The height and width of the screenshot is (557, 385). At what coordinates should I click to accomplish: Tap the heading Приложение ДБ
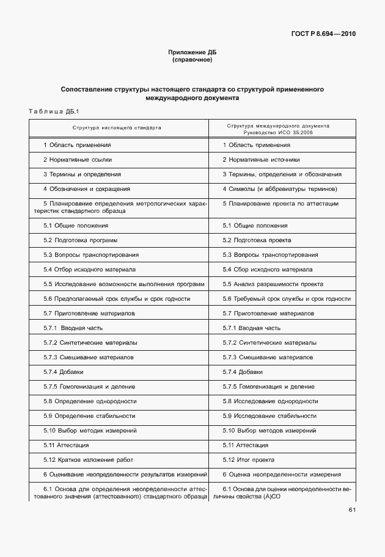point(193,52)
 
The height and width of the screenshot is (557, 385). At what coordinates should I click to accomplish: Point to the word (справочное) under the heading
point(193,60)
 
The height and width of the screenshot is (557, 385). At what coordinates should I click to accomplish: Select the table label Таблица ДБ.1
point(51,111)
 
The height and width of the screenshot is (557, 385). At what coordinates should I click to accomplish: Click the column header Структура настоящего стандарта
point(117,128)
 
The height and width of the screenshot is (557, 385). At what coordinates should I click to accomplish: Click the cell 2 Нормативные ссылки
point(77,159)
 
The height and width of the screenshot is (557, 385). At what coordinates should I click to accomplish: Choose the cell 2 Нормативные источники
point(261,159)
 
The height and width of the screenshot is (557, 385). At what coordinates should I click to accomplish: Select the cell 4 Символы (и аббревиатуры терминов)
point(280,189)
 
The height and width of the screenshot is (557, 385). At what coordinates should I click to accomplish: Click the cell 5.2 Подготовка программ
point(80,240)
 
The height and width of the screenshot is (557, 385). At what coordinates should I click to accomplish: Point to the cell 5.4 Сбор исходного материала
point(268,269)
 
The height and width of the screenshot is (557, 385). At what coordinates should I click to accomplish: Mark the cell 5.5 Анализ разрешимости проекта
point(273,284)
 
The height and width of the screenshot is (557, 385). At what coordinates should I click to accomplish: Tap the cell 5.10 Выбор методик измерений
point(90,430)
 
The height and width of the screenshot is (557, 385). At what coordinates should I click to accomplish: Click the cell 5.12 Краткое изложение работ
point(88,459)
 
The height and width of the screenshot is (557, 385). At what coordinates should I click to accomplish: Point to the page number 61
point(351,509)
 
